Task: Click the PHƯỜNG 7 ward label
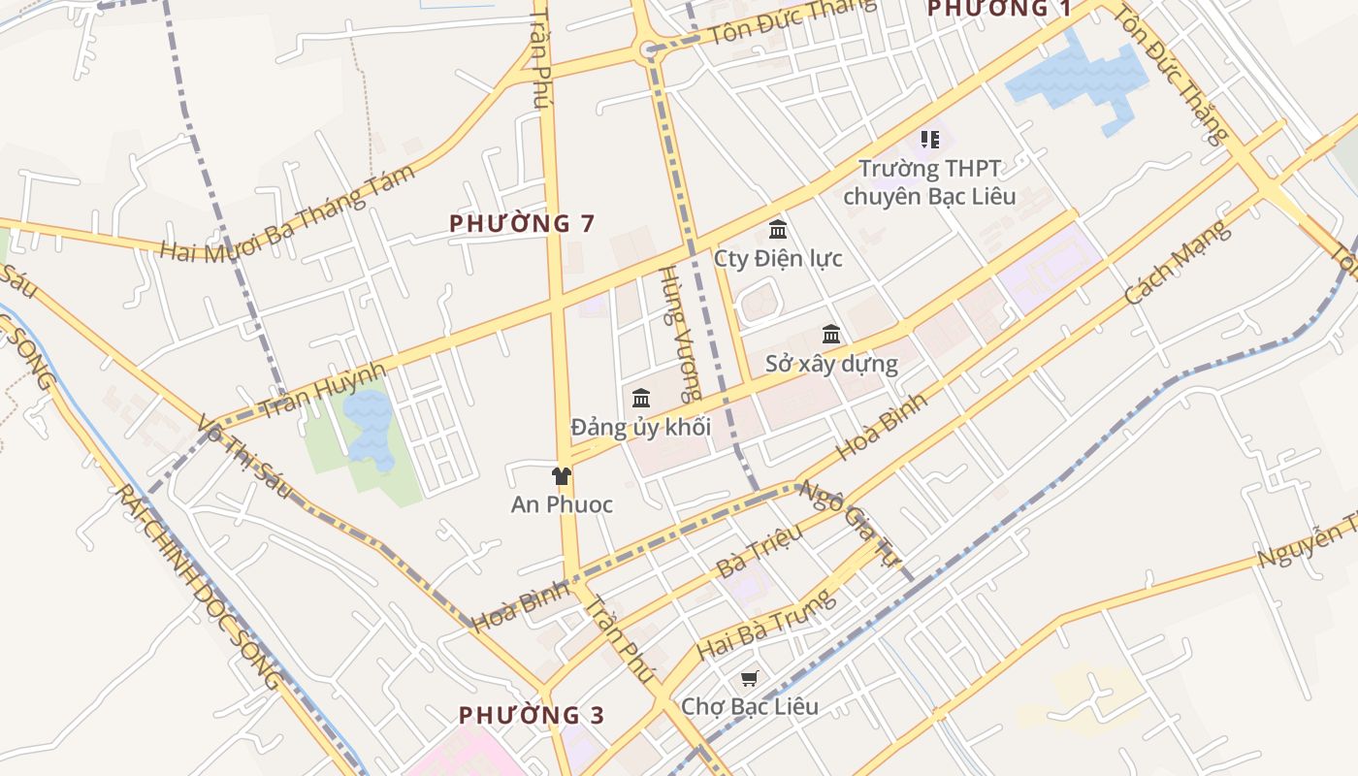point(522,223)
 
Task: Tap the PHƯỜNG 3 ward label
point(532,716)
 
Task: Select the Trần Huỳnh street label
point(324,390)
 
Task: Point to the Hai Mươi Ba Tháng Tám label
point(287,213)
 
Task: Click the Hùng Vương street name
point(679,335)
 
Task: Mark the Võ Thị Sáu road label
point(243,457)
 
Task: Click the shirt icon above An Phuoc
point(561,475)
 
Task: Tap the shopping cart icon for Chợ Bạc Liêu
point(749,678)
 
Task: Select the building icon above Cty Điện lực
point(777,230)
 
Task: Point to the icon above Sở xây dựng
point(831,335)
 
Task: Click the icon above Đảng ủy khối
point(640,398)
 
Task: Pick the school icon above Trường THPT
point(930,140)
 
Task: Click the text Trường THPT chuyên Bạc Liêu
point(929,182)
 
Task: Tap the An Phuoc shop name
point(562,504)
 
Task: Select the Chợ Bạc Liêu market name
point(749,706)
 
